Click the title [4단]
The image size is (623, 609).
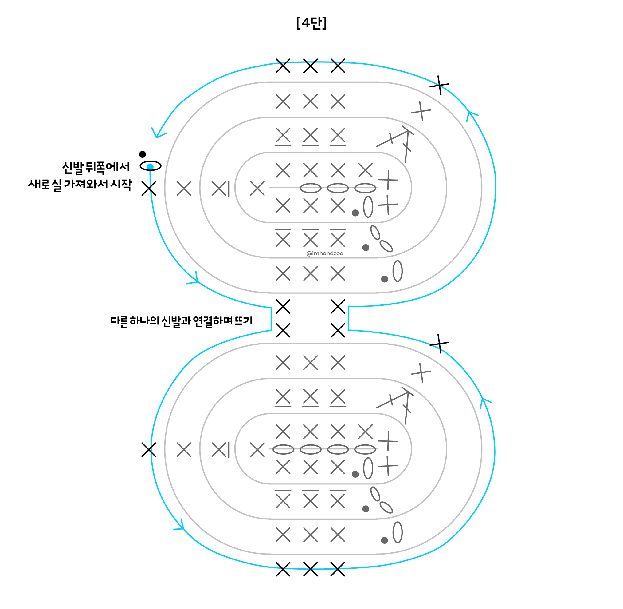coord(311,23)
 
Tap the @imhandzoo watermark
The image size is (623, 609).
coord(325,253)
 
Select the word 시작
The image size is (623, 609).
coord(121,185)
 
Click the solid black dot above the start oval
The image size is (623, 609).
coord(143,154)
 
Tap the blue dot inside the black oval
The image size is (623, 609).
coord(150,167)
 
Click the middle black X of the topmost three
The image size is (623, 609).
coord(310,66)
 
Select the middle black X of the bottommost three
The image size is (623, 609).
coord(310,569)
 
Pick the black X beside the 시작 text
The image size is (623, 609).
coord(149,189)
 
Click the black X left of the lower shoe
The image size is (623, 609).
coord(149,450)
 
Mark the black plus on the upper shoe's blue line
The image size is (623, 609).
coord(440,85)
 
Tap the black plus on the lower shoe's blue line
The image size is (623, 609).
coord(440,344)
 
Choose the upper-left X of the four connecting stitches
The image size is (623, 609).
coord(283,306)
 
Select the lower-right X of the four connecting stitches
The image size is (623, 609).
coord(338,330)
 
